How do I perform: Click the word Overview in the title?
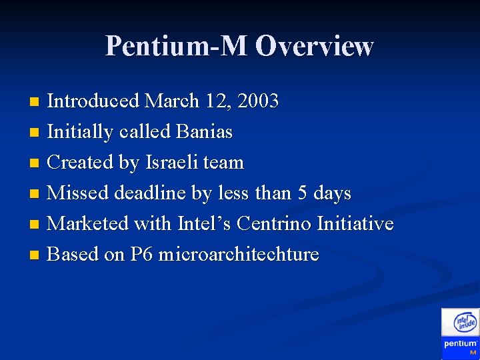click(314, 46)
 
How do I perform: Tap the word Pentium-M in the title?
click(177, 46)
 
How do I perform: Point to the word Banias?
click(204, 132)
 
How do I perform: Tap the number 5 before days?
click(303, 193)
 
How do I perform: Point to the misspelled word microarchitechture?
click(239, 255)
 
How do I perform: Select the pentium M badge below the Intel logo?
click(461, 347)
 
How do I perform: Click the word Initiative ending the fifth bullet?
click(355, 224)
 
